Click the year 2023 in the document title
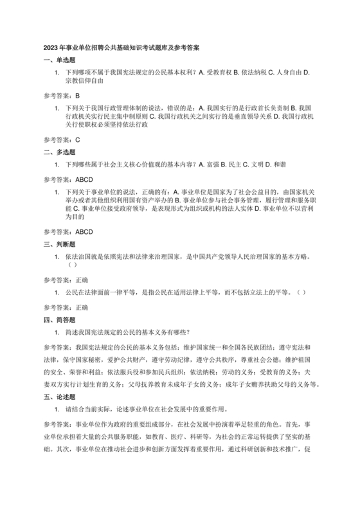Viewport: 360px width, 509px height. pos(51,48)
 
